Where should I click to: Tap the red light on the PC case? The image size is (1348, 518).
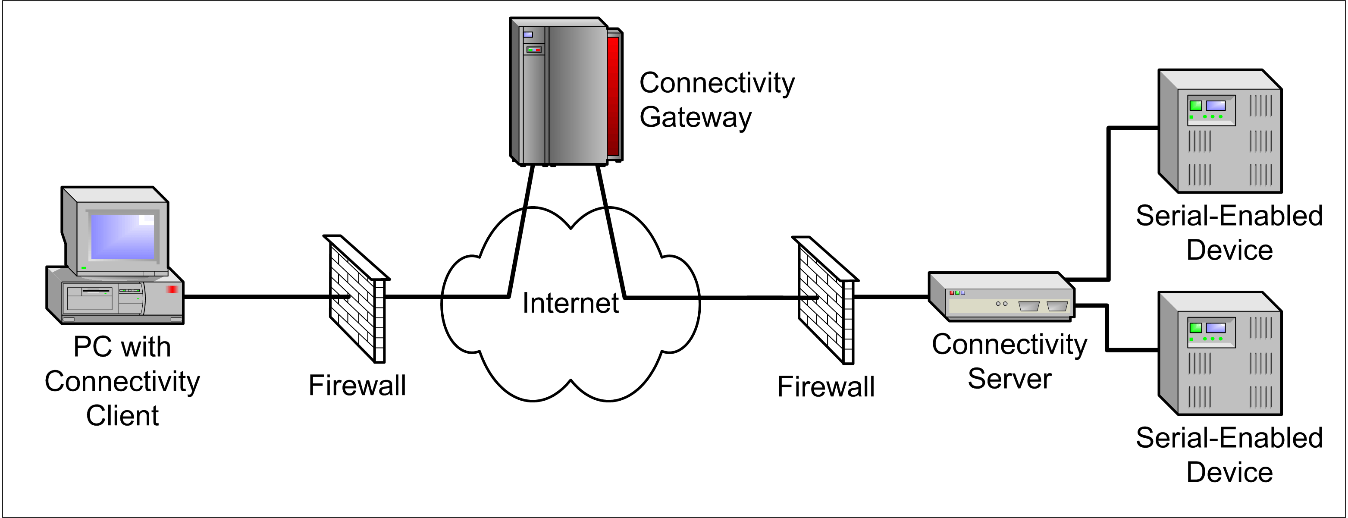(x=172, y=289)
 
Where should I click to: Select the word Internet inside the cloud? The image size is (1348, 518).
(x=571, y=304)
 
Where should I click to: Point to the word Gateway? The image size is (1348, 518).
(x=696, y=117)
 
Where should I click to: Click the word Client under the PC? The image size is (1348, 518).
(x=122, y=416)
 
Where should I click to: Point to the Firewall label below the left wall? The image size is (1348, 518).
(x=357, y=386)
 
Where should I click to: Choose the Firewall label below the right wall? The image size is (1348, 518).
(x=826, y=387)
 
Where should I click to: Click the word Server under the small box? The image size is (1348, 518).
(x=1009, y=379)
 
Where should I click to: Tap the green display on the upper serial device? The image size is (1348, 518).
(x=1196, y=106)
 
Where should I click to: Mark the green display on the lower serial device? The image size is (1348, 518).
(x=1196, y=328)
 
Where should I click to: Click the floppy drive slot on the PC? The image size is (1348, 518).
(x=96, y=290)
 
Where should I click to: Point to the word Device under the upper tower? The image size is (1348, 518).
(x=1229, y=250)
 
